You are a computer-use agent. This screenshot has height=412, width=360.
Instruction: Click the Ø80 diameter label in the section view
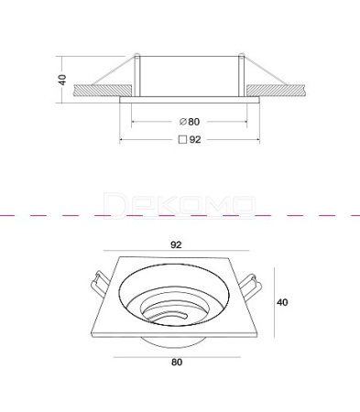(190, 122)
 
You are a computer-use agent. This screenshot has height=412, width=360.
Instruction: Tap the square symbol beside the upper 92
(182, 139)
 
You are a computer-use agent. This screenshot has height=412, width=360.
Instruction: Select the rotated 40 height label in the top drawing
(62, 80)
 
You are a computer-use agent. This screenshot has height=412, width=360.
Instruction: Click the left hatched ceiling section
(103, 91)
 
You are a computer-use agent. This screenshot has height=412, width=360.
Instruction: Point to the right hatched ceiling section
(276, 91)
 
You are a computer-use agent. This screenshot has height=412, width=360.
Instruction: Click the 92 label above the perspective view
(176, 244)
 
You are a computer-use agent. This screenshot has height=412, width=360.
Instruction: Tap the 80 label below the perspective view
(177, 363)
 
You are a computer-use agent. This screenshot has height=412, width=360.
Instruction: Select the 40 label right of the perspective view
(282, 302)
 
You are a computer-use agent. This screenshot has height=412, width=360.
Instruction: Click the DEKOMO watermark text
(180, 205)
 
